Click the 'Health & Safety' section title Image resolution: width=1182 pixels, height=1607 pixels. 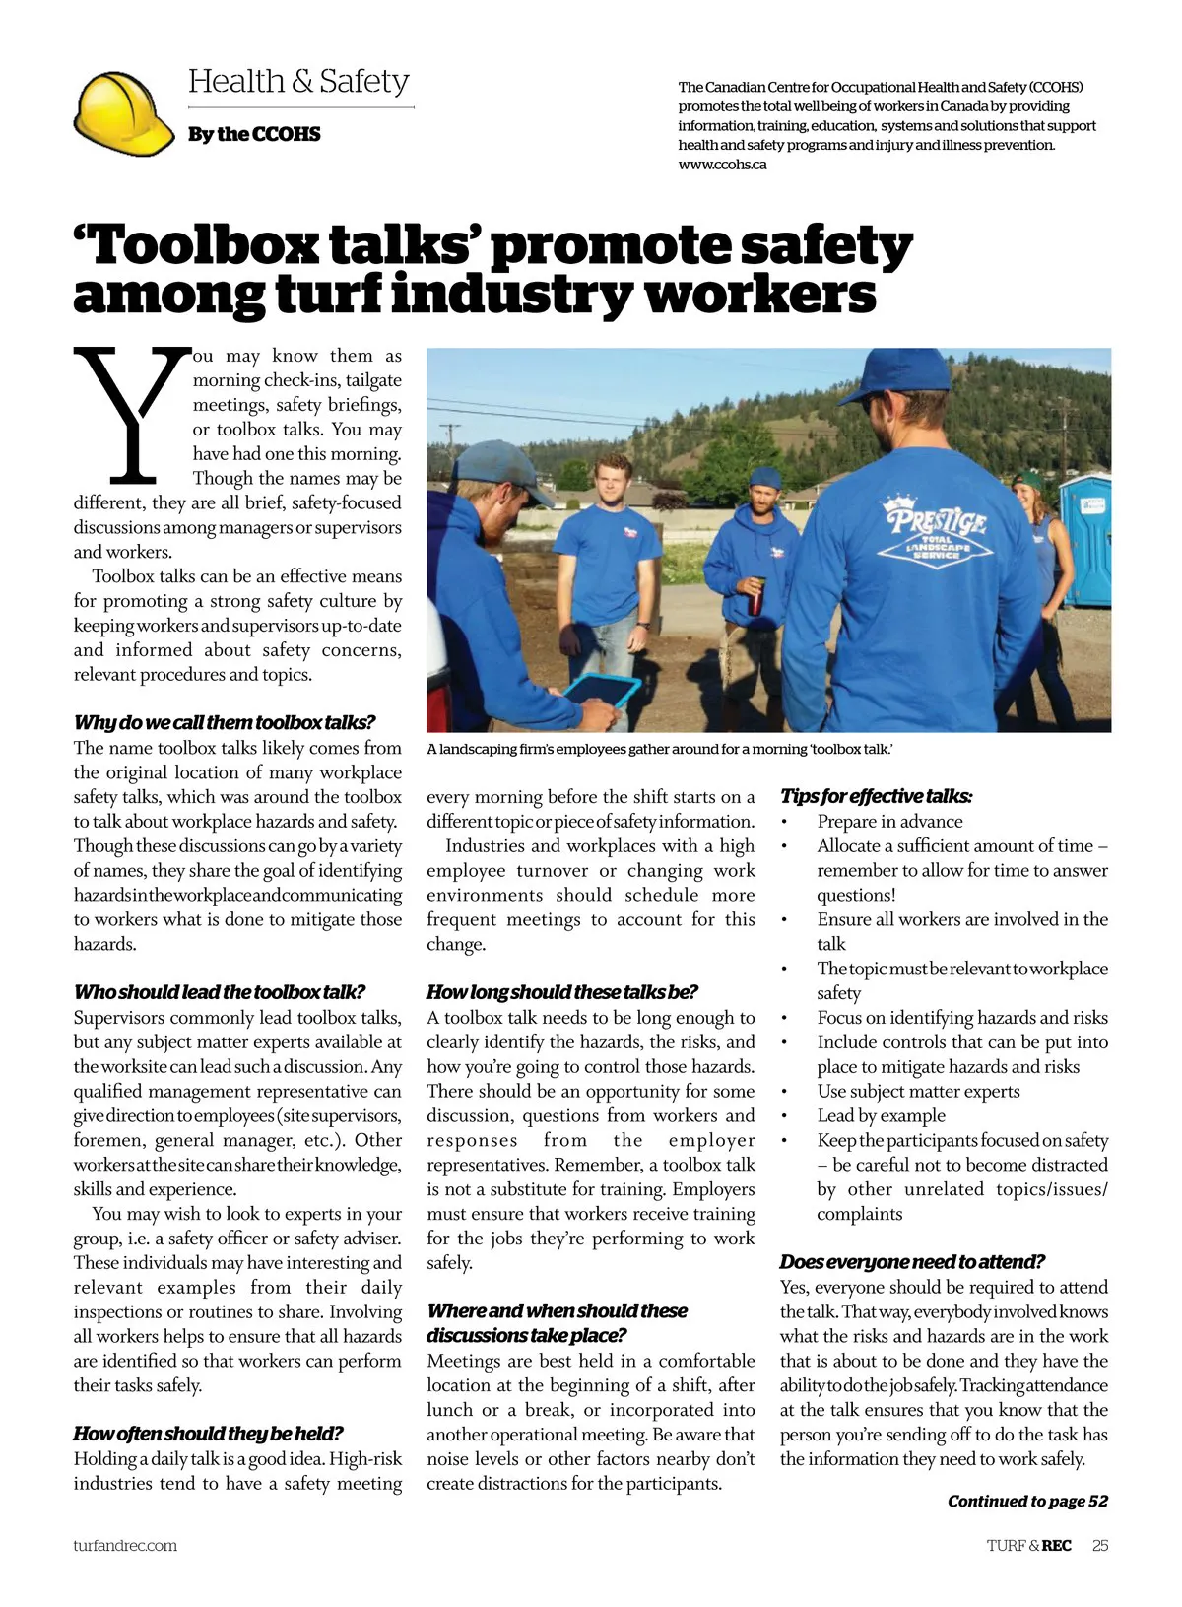[298, 81]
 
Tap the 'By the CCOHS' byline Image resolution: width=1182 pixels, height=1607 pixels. [254, 134]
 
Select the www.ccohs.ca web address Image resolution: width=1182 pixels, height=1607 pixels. [722, 165]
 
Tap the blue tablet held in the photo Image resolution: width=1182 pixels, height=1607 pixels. [602, 692]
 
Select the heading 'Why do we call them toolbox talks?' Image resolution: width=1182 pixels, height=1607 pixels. [225, 722]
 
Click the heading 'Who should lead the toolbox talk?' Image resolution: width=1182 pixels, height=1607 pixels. [220, 992]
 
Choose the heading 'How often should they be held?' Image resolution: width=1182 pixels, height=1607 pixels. [208, 1434]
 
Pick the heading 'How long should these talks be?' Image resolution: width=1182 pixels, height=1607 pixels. [561, 992]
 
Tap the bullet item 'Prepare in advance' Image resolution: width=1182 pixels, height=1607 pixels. [889, 821]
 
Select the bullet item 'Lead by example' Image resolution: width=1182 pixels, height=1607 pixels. [881, 1115]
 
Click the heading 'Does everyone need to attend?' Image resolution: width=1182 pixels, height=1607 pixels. [912, 1262]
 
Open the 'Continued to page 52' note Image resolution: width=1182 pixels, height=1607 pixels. [1027, 1501]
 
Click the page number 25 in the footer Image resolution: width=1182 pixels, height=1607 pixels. [1100, 1545]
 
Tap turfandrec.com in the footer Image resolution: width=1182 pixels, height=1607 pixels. [125, 1545]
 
